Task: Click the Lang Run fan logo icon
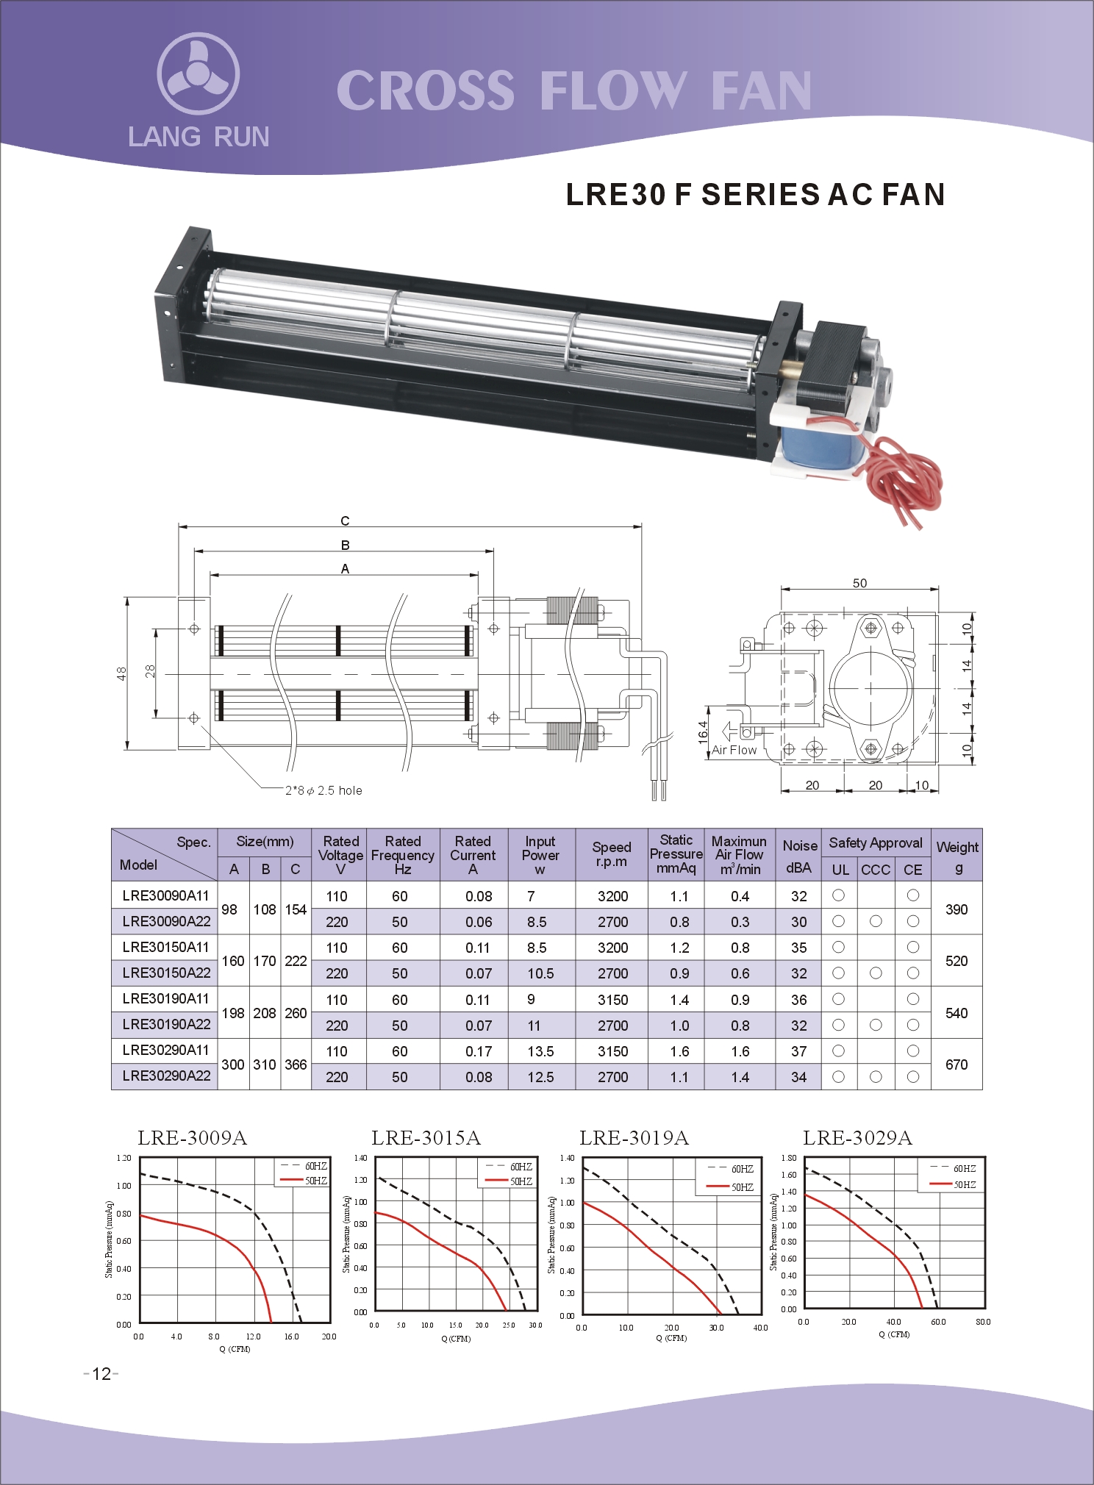[x=198, y=74]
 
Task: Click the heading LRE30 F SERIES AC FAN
[x=755, y=195]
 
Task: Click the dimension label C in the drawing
[x=345, y=520]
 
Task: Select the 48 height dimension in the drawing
[x=121, y=673]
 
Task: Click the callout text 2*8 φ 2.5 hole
[x=323, y=790]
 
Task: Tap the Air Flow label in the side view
[x=734, y=750]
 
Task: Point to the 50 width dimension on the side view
[x=859, y=583]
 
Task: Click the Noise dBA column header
[x=799, y=856]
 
